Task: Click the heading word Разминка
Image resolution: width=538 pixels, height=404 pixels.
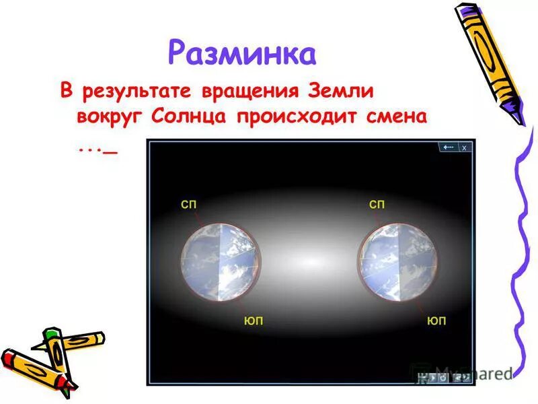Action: (241, 53)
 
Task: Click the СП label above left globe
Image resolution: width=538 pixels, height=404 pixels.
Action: (189, 204)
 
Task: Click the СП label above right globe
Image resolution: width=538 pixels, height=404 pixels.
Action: (377, 204)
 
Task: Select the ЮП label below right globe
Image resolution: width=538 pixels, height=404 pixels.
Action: (435, 321)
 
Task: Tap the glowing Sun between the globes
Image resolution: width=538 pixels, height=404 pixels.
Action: (309, 261)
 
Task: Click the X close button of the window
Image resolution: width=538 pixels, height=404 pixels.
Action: (464, 147)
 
